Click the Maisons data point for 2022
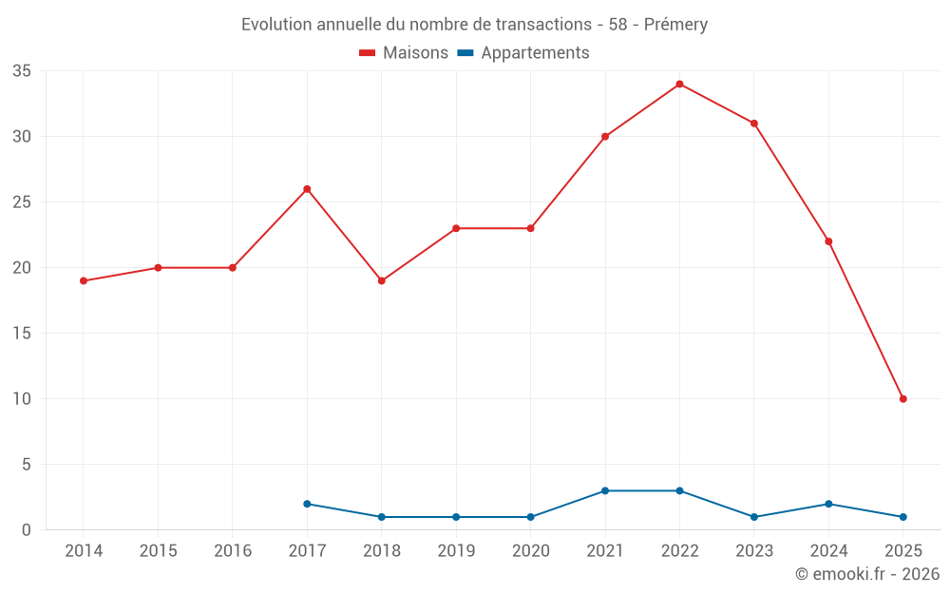click(x=679, y=84)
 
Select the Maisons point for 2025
click(x=902, y=399)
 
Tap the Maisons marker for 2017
click(x=307, y=189)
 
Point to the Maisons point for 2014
click(x=84, y=281)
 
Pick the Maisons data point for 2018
click(x=381, y=281)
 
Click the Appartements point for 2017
click(x=307, y=504)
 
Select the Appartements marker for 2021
click(x=605, y=490)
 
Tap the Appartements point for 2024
click(x=828, y=504)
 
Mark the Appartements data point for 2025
click(x=902, y=517)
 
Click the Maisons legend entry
click(x=404, y=53)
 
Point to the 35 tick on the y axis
click(x=22, y=71)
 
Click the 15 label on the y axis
click(x=22, y=334)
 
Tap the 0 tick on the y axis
click(x=27, y=530)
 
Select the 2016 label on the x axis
click(x=233, y=551)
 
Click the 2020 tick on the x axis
click(x=530, y=551)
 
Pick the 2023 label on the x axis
click(x=754, y=551)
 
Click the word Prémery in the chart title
click(x=675, y=25)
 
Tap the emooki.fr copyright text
click(x=866, y=574)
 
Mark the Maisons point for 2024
click(x=828, y=241)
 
